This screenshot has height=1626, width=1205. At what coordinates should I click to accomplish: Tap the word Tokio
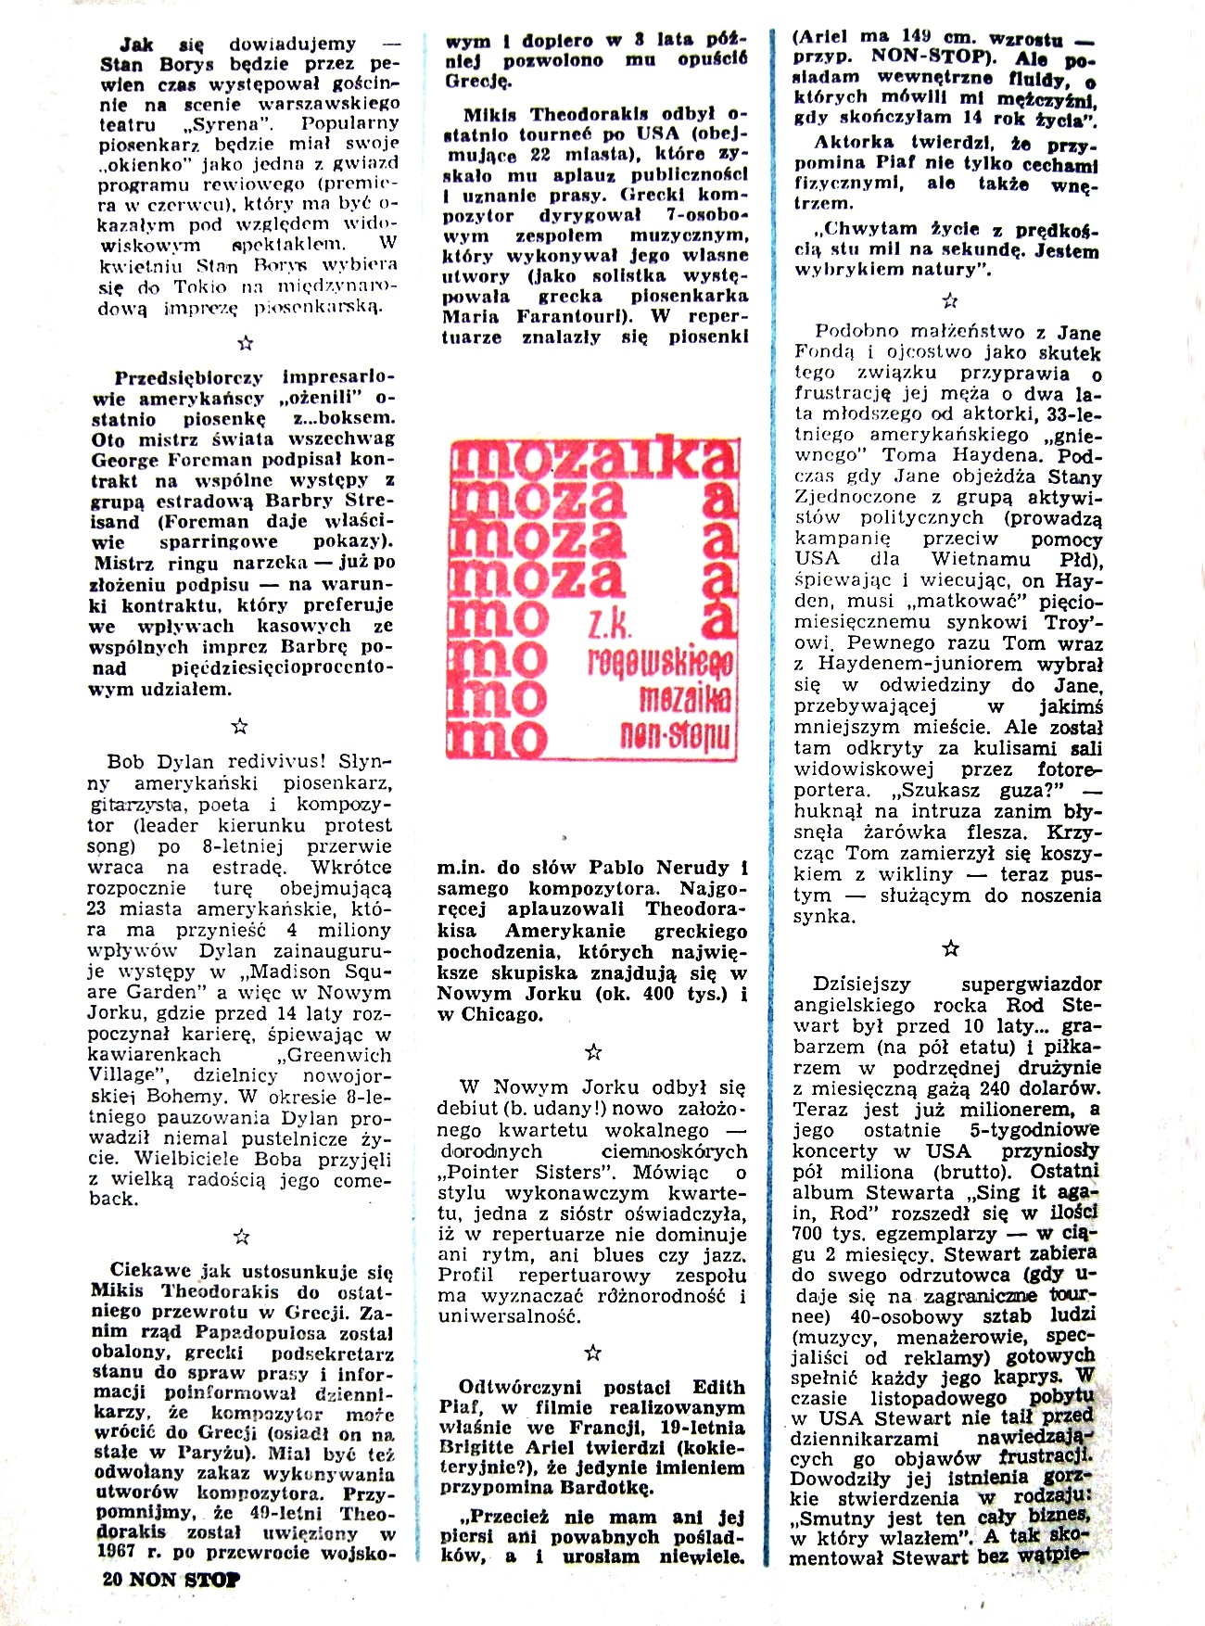(200, 286)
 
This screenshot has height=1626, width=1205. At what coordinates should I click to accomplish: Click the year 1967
(116, 1552)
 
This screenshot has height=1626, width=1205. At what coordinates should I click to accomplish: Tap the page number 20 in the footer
(113, 1580)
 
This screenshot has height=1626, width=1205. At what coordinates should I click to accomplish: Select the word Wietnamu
(981, 559)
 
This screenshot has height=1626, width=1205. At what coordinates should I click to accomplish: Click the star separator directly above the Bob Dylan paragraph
(239, 726)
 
